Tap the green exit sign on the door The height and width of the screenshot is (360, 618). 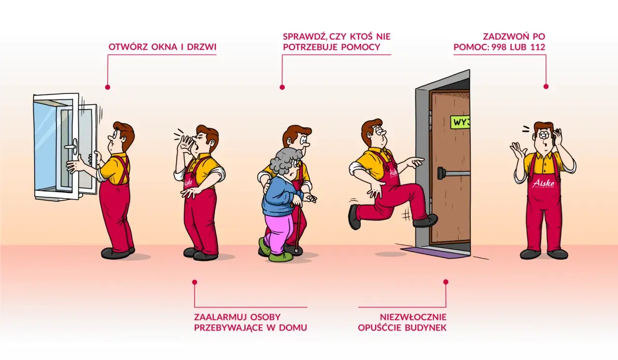click(460, 122)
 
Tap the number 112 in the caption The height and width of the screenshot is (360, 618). click(536, 47)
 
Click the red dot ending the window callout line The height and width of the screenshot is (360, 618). click(107, 87)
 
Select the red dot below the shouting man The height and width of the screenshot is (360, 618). click(195, 282)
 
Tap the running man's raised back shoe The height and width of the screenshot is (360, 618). click(354, 217)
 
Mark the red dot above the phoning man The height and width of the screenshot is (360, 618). click(546, 86)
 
